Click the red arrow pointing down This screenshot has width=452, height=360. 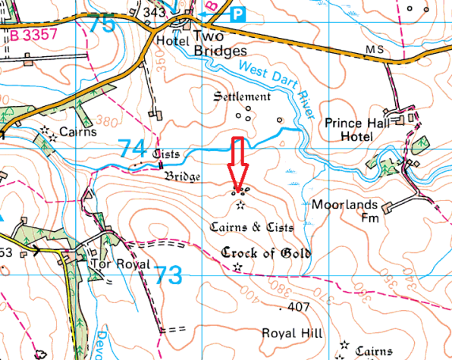click(237, 163)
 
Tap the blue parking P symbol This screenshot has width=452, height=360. click(238, 13)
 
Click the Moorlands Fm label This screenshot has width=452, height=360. click(342, 211)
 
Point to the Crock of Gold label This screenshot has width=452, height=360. click(265, 253)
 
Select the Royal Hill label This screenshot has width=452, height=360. click(291, 333)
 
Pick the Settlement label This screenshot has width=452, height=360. click(241, 97)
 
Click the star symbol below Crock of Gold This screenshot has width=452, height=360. click(238, 267)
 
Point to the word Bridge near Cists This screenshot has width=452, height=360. click(183, 177)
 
